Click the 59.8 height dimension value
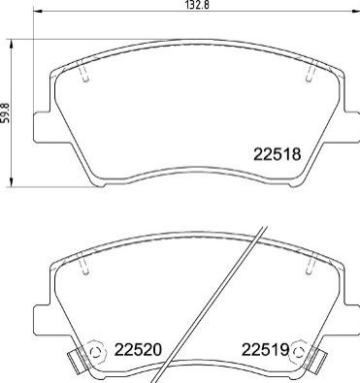[x=5, y=112]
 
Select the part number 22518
[x=278, y=154]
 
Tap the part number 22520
[x=138, y=350]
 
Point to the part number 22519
[x=266, y=350]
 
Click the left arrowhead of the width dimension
[x=38, y=12]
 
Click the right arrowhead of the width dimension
[x=355, y=12]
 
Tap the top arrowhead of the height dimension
[x=12, y=44]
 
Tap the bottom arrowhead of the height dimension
[x=12, y=182]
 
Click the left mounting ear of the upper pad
[x=42, y=127]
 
